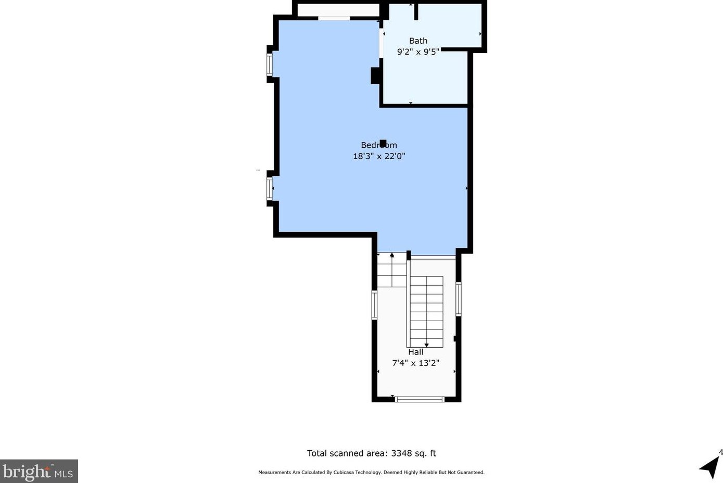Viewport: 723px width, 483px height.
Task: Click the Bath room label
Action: click(x=418, y=41)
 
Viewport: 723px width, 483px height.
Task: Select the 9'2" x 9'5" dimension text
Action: click(x=418, y=52)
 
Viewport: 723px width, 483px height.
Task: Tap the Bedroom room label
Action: click(x=378, y=145)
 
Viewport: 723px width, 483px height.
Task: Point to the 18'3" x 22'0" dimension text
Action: click(x=378, y=156)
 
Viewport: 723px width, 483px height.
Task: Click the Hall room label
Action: click(x=415, y=352)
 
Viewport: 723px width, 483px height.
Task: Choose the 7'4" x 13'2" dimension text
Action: click(x=415, y=363)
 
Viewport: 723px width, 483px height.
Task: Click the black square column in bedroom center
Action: click(x=383, y=143)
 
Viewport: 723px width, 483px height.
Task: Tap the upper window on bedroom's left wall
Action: click(x=270, y=65)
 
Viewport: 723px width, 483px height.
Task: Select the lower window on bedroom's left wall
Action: click(x=270, y=188)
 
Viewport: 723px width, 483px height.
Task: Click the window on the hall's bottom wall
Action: click(x=419, y=399)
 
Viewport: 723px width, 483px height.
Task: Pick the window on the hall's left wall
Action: click(x=374, y=305)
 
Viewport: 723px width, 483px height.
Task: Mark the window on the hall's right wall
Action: click(x=459, y=299)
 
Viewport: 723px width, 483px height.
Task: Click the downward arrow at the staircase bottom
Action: click(x=427, y=345)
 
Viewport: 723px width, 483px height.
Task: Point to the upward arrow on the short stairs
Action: click(x=392, y=256)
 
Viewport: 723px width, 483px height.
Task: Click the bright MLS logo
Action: click(x=39, y=472)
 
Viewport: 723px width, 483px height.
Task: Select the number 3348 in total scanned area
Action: click(x=401, y=453)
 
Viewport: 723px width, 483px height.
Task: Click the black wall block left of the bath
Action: click(x=375, y=75)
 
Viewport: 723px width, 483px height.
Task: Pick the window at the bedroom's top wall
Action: click(x=334, y=19)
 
